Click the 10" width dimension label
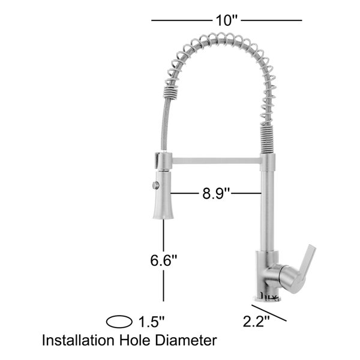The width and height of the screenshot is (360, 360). coord(226,20)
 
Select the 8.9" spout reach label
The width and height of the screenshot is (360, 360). coord(216,193)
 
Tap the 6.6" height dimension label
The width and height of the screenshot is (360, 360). coord(163,260)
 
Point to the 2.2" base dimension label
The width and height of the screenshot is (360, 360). coord(256,321)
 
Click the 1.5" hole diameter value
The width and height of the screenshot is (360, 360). coord(152,322)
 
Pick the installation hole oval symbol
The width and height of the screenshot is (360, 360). coord(119,322)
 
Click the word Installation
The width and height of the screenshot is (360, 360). coord(78,340)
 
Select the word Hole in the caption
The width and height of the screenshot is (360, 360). coord(134,340)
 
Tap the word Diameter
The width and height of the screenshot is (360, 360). coord(186,340)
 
